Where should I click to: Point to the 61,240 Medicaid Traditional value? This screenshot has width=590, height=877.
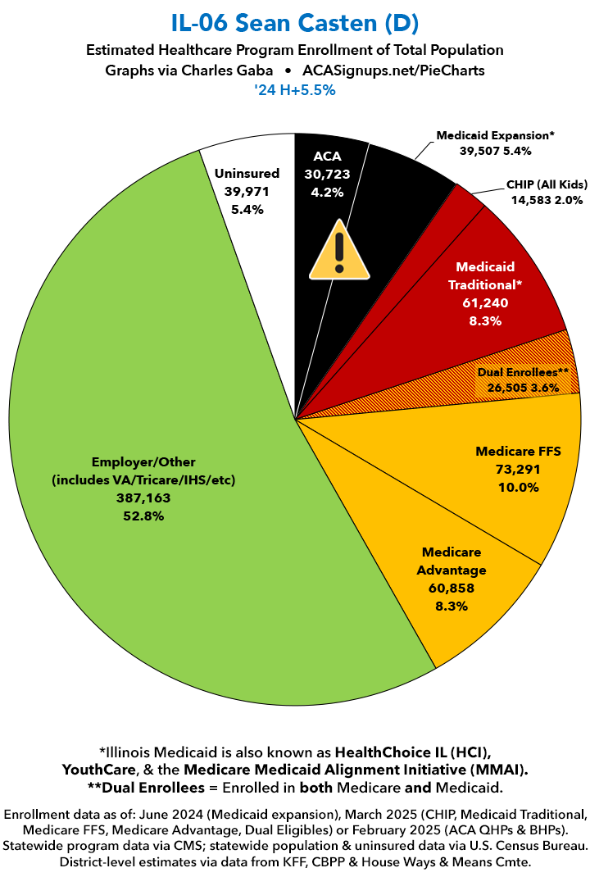(x=485, y=303)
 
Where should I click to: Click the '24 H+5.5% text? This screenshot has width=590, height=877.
(x=295, y=91)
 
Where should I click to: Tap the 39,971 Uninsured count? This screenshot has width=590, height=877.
(x=247, y=191)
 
